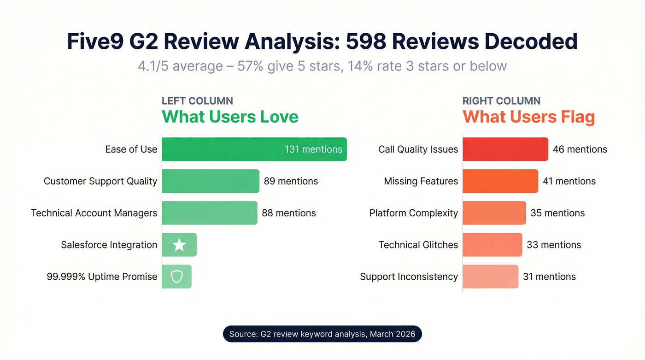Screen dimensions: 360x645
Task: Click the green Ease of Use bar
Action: click(x=254, y=149)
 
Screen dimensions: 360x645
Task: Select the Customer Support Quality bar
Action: click(x=211, y=181)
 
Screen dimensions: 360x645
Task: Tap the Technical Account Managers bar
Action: click(x=210, y=213)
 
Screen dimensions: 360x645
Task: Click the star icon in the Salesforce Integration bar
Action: click(x=179, y=245)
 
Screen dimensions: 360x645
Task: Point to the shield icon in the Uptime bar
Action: click(x=177, y=277)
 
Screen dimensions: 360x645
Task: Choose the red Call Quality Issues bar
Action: click(x=505, y=149)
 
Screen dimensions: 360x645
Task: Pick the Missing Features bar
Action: click(x=500, y=181)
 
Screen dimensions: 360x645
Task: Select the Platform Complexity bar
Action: click(x=494, y=213)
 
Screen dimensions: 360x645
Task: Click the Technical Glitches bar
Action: click(x=493, y=245)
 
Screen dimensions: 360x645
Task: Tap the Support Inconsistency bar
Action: click(x=491, y=277)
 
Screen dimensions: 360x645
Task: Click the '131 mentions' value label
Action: click(x=313, y=149)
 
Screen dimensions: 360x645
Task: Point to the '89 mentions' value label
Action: click(x=291, y=181)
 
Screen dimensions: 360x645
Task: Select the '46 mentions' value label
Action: click(x=580, y=149)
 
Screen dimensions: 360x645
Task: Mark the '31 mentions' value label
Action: click(x=549, y=277)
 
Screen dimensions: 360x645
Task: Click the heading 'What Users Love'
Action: click(x=230, y=117)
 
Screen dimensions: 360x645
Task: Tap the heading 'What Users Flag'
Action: click(x=528, y=117)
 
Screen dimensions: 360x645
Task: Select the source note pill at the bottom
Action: click(x=322, y=334)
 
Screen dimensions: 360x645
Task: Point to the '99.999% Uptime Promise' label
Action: click(x=102, y=277)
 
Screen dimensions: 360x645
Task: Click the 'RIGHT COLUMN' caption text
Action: click(x=501, y=101)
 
